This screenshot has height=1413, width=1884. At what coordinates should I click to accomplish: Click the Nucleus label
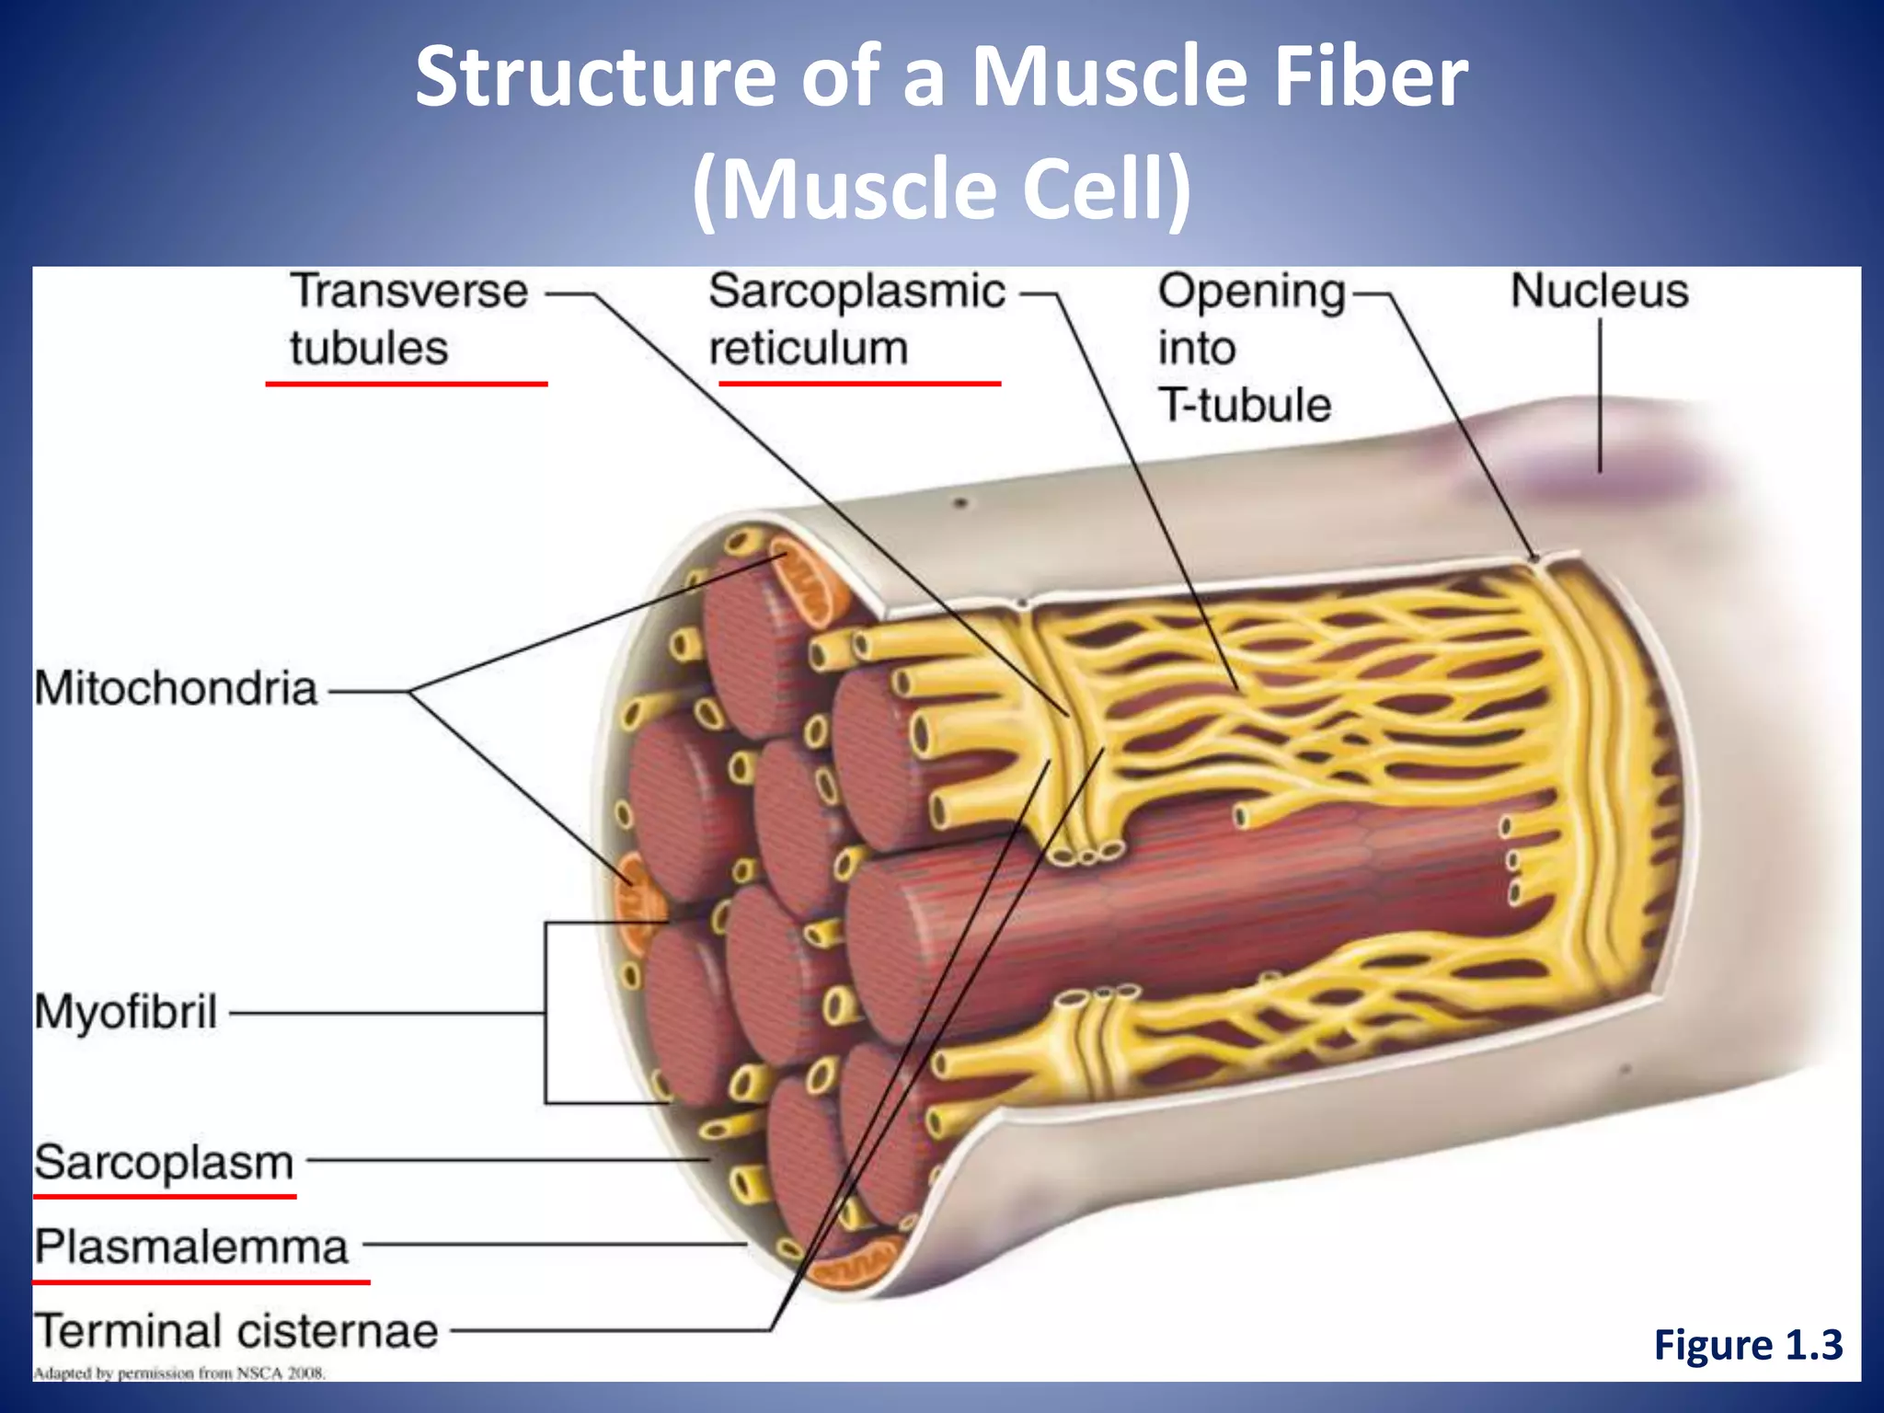(1599, 292)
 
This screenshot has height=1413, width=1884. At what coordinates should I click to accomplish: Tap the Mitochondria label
(176, 689)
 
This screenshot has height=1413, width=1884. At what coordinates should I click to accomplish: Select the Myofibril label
(126, 1013)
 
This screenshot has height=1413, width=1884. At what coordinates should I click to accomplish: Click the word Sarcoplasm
(164, 1163)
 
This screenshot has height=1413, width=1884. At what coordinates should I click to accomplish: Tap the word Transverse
(409, 292)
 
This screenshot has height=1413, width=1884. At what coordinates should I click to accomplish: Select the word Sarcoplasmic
(856, 292)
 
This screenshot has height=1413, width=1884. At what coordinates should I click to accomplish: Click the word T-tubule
(1244, 405)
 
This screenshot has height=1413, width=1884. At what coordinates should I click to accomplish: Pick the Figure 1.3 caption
(1748, 1345)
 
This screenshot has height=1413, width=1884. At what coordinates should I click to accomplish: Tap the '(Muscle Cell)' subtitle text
(941, 190)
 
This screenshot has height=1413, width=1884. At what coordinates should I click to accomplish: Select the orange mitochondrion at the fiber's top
(800, 583)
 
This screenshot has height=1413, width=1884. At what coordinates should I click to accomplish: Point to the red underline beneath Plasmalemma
(201, 1281)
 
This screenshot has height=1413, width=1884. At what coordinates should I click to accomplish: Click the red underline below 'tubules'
(406, 383)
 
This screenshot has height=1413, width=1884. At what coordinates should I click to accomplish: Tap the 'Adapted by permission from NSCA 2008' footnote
(179, 1373)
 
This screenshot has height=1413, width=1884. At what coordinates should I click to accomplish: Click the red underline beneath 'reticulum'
(859, 383)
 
